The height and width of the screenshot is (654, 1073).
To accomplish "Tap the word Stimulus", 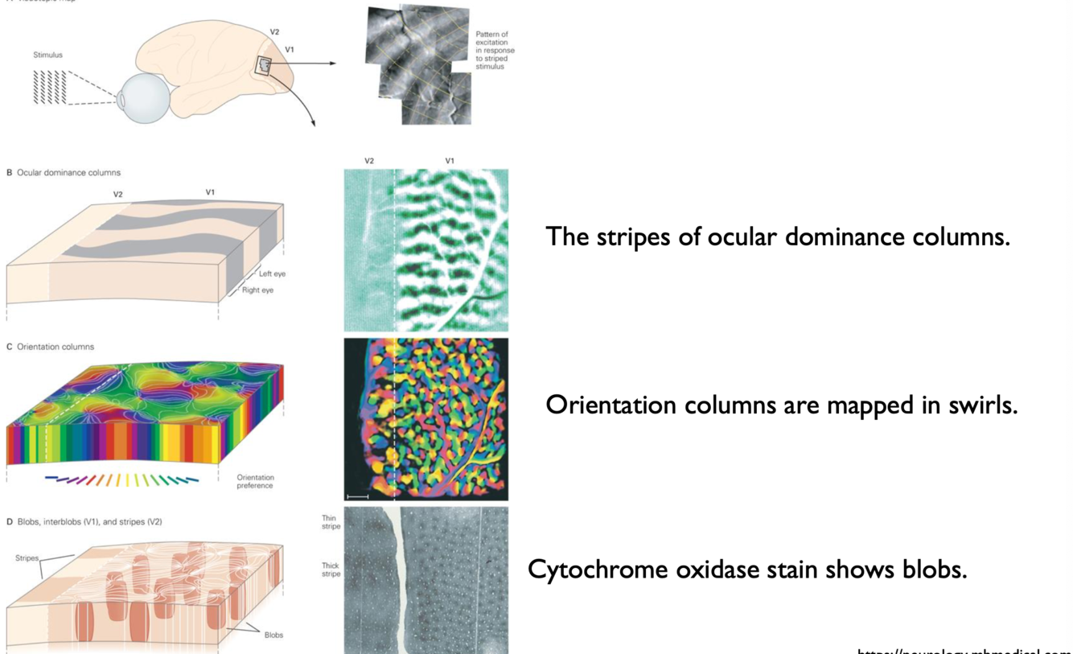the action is click(47, 56).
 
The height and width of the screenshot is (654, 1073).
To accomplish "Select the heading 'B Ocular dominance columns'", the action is click(64, 173).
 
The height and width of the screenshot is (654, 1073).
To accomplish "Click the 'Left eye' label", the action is click(272, 274).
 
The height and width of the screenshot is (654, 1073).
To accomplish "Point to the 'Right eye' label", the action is click(257, 290).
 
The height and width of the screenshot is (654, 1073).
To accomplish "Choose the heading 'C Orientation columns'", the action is click(51, 347).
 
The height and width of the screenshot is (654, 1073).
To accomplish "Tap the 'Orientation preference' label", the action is click(255, 481).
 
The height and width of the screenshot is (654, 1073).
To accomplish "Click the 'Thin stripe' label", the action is click(331, 523).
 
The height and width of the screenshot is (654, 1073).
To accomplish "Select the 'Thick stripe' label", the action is click(331, 570).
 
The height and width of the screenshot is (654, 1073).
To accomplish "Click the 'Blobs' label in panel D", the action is click(273, 635).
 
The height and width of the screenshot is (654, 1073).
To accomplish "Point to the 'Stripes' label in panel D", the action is click(27, 557).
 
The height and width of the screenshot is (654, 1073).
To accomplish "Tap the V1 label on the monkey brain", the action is click(290, 50).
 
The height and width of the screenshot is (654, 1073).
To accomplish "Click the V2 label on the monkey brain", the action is click(274, 32).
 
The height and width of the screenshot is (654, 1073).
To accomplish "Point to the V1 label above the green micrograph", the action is click(450, 161).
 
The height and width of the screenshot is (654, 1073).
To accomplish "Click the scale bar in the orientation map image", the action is click(357, 497).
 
